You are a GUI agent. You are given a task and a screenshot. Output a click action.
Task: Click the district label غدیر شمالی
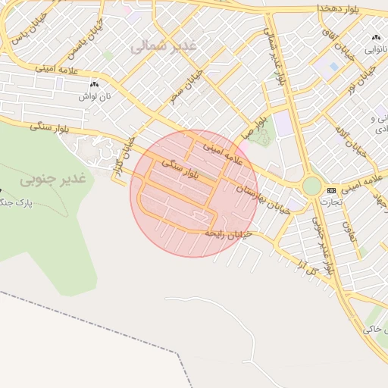163,46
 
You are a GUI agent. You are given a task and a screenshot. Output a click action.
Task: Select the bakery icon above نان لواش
94,85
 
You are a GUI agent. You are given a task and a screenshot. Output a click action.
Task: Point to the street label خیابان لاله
355,137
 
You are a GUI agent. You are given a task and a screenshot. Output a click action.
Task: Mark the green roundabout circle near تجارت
311,186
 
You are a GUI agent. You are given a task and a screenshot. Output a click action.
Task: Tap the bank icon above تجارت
331,190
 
